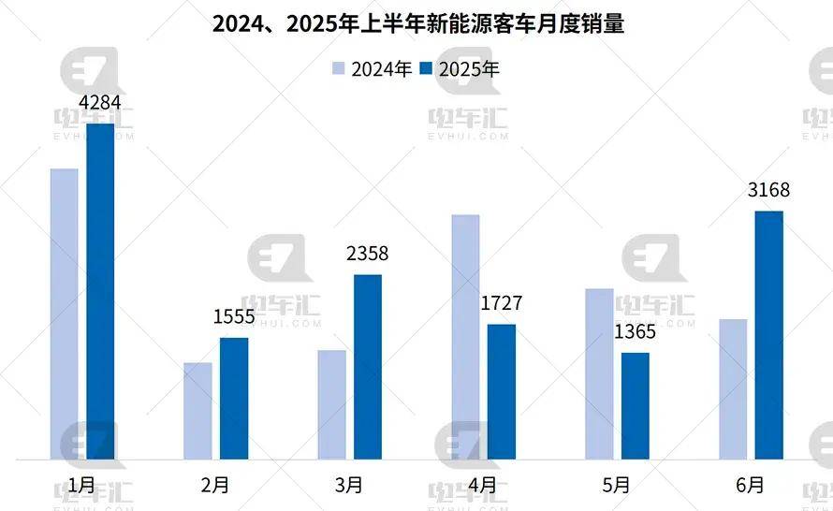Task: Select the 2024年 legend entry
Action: click(x=372, y=68)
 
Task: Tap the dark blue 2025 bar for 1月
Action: click(x=100, y=291)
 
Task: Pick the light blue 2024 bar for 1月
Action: click(x=65, y=314)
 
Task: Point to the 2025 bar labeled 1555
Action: click(x=234, y=399)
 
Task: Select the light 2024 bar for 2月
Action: click(x=198, y=411)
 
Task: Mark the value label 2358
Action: click(x=368, y=254)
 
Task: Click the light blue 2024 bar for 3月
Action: click(x=331, y=404)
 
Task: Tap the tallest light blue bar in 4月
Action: click(x=465, y=337)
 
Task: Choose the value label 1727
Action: click(x=502, y=303)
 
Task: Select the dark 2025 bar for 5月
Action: click(x=636, y=406)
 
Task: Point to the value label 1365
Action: click(x=636, y=331)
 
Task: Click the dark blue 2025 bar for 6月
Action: click(x=769, y=335)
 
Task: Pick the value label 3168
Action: click(x=769, y=190)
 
